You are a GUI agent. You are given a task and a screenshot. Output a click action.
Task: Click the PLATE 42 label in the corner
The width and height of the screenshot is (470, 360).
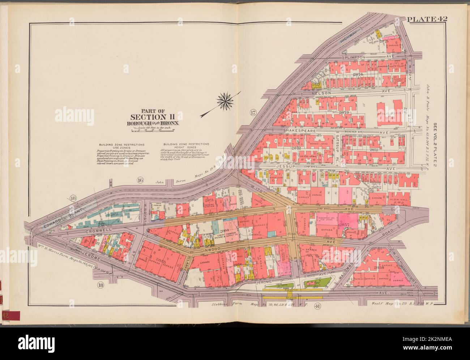(427, 19)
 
